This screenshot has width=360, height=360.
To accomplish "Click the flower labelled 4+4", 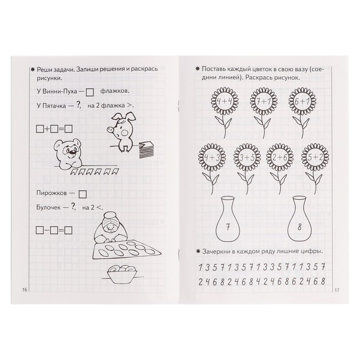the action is pos(225,101).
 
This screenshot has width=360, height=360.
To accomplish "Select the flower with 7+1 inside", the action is pos(263,101).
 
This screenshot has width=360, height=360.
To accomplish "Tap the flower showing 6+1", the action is pos(302,101).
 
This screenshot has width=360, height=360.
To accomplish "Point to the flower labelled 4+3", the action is pos(212,157).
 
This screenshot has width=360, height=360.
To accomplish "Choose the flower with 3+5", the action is pos(247,157).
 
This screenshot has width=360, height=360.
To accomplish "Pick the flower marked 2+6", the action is pos(280,157).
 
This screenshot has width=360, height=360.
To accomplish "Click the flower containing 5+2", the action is pos(315,157).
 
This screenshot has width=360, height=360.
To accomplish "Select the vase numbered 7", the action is pos(228,219).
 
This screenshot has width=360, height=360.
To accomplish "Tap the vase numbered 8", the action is pos(300,219).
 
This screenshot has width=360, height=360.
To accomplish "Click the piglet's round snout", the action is pos(110,130).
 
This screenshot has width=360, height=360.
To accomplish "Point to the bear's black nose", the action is pos(73,152).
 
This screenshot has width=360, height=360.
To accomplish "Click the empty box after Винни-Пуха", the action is pos(89,92).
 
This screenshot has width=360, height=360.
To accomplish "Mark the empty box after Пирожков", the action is pos(82,194).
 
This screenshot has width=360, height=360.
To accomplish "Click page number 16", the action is pos(24,290).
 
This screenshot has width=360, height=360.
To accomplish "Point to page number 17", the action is pos(337,291).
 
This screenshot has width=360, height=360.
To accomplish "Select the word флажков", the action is pos(115,91).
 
